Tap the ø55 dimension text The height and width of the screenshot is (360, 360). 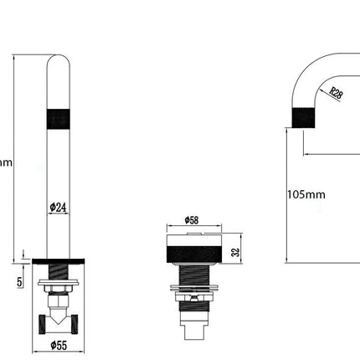point(59,344)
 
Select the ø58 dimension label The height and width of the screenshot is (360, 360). point(193,220)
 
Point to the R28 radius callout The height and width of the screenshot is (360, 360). point(335,94)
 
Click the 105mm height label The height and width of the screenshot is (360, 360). point(306,194)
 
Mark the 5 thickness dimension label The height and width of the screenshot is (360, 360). point(18,282)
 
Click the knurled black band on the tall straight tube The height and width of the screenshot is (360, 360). point(59,117)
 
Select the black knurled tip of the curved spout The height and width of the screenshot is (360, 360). point(303,116)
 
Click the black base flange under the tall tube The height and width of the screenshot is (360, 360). point(59,260)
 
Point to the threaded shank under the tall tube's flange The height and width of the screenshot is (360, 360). point(59,271)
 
